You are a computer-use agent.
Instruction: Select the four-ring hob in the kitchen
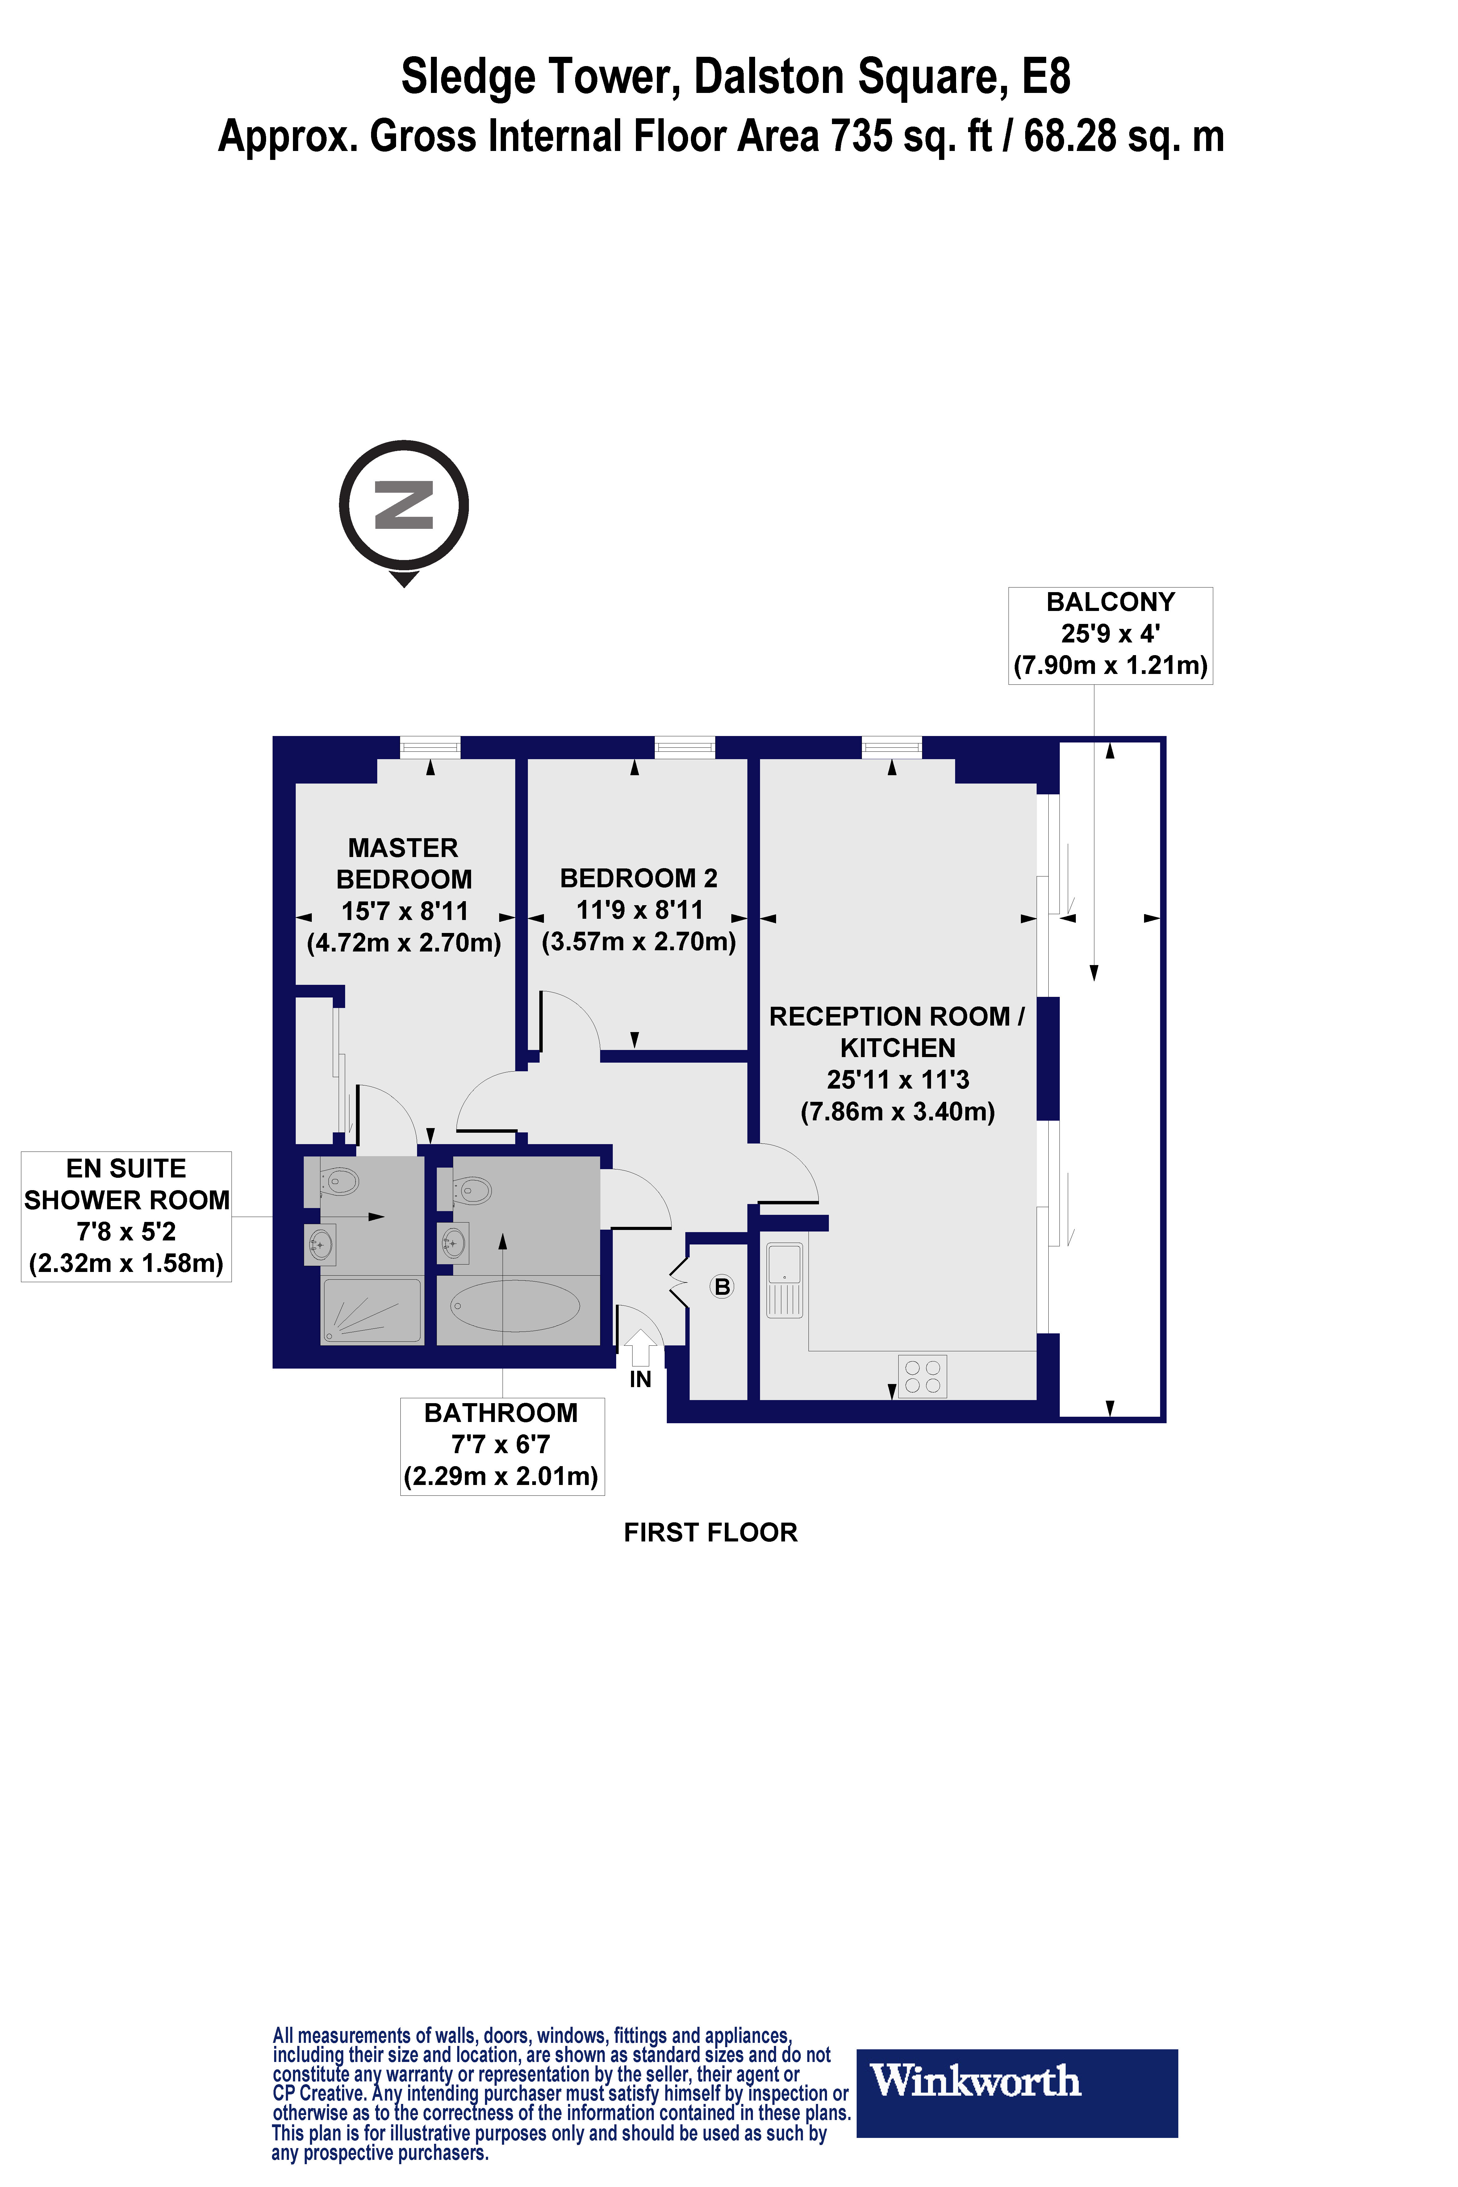922,1376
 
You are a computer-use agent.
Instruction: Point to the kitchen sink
784,1279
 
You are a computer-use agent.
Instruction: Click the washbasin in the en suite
321,1244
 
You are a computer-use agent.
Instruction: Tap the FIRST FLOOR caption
710,1533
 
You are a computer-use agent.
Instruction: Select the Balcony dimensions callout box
1110,635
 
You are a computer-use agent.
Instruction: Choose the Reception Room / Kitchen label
897,1063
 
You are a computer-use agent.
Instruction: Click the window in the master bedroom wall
430,747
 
